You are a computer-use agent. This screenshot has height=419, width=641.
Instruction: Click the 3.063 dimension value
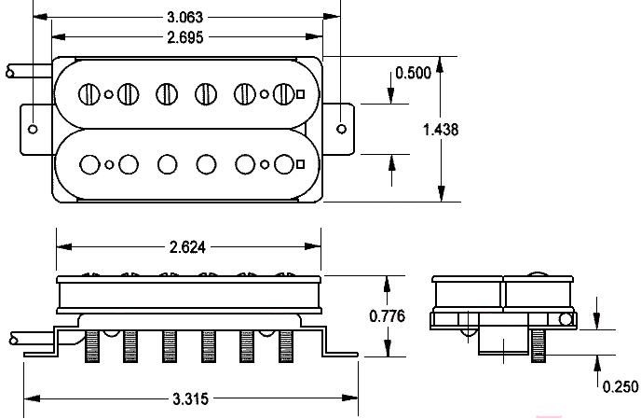click(x=184, y=17)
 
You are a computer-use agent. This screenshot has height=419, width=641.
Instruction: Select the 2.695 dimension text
click(x=184, y=37)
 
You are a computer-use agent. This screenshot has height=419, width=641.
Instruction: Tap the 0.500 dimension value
click(x=414, y=73)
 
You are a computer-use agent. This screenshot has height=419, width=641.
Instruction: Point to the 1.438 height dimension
click(x=441, y=130)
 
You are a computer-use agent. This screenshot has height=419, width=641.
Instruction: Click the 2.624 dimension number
click(x=187, y=247)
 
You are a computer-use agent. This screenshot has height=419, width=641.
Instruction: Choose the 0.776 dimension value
click(x=388, y=315)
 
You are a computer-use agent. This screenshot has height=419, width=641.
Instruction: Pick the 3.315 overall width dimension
click(x=190, y=398)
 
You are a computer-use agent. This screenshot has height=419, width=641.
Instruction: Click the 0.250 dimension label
click(x=621, y=386)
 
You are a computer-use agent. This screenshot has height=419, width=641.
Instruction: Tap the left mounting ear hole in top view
click(x=33, y=129)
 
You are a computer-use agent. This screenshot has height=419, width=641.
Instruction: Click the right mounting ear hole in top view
click(x=341, y=129)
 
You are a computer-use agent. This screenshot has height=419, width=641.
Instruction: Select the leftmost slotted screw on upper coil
click(x=89, y=94)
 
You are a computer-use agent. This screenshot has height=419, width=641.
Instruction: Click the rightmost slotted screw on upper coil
click(x=284, y=94)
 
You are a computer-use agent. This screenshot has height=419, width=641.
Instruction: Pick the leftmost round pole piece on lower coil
click(x=90, y=164)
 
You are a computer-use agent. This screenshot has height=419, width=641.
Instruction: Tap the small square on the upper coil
click(x=300, y=94)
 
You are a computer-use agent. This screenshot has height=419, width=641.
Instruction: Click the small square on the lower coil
click(x=300, y=164)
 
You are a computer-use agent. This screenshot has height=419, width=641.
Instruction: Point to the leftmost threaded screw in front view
click(x=92, y=346)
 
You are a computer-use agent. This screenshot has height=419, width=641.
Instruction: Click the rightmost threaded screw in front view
click(x=286, y=346)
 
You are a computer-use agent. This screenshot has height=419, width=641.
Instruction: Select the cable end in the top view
click(x=9, y=72)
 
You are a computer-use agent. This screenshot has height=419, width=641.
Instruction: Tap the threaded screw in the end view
click(x=538, y=345)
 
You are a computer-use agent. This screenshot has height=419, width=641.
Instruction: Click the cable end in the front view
click(x=13, y=340)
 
